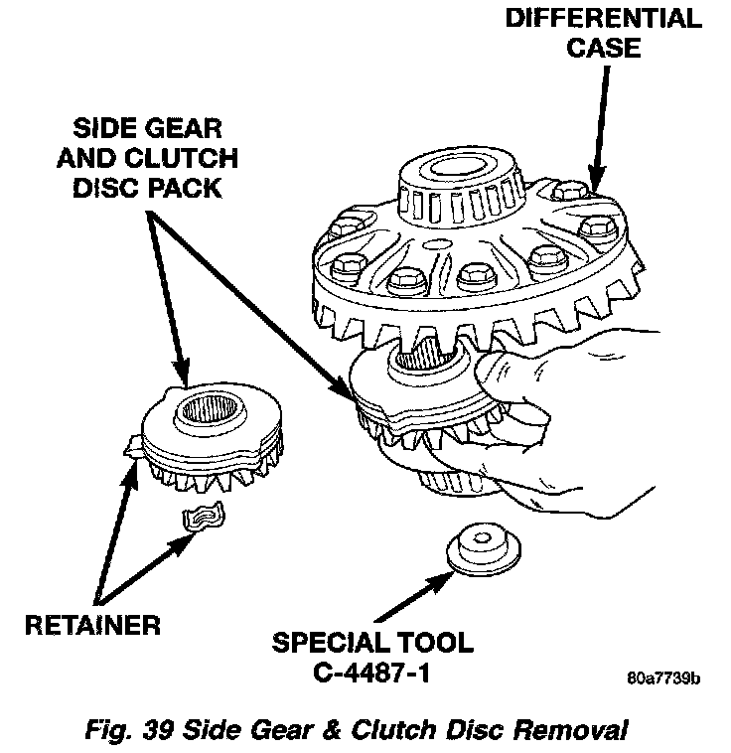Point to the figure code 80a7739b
point(662,680)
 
